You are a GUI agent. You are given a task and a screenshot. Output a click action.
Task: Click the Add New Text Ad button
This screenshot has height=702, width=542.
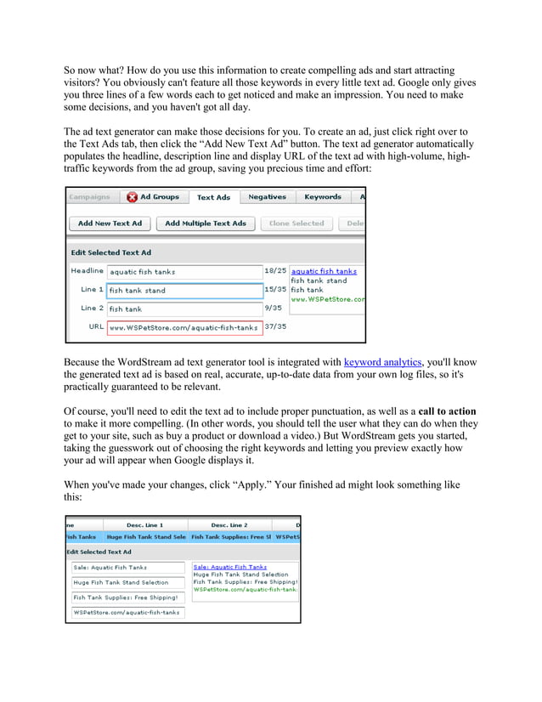point(110,224)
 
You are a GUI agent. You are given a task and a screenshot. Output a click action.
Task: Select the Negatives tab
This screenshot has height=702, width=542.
point(267,197)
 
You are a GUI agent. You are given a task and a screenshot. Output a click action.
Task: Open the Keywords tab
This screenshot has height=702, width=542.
point(323,197)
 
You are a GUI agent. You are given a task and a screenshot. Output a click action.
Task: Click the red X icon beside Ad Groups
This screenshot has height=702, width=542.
point(132,197)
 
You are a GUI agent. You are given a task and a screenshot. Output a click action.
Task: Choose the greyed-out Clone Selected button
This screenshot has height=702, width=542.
point(296,224)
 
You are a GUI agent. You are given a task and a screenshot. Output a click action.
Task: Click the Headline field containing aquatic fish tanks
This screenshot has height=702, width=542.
point(184,272)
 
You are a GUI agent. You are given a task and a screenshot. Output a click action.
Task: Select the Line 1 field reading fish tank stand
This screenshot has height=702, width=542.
point(184,291)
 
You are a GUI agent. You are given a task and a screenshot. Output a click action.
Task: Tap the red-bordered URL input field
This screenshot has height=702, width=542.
point(184,327)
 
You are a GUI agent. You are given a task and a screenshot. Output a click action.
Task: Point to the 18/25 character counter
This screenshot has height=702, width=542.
point(275,271)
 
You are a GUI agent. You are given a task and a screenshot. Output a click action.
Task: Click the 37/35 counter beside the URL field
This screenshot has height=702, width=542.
point(275,326)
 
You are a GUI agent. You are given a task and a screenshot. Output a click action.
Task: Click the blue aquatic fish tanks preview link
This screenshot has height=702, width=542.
point(324,271)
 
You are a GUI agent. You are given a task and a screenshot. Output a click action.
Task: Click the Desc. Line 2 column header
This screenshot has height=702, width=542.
point(229,525)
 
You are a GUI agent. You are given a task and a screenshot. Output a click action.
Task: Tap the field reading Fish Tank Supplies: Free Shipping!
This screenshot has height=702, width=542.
point(127,597)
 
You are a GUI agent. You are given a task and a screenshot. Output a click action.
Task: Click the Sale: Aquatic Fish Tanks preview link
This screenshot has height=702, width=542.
point(229,567)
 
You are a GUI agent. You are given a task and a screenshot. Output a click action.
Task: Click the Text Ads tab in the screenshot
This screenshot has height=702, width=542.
point(213,197)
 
